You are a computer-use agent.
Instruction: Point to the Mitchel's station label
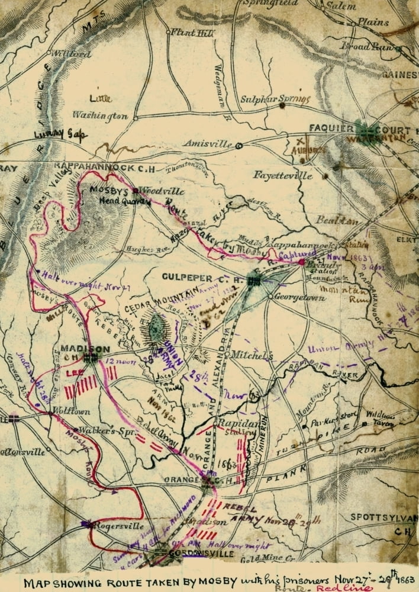[251, 356]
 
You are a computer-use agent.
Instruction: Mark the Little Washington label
[101, 107]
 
